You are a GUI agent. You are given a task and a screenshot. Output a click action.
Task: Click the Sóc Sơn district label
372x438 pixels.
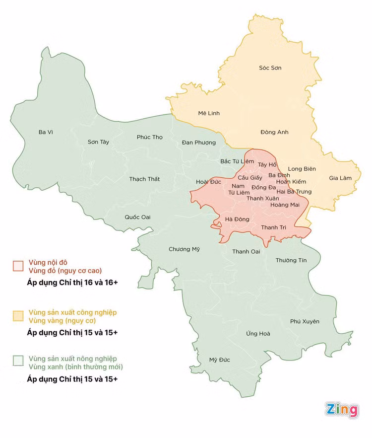pos(270,68)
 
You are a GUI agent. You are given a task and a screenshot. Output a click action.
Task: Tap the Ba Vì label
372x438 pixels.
pos(46,132)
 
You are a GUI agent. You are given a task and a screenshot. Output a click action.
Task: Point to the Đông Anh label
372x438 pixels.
pos(274,132)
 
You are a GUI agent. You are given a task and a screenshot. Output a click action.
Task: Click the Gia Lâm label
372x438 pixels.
pos(340,178)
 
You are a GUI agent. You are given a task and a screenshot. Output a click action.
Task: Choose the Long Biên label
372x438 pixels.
pos(302,169)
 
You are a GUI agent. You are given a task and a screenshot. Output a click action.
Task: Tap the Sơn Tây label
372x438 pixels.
pos(98,142)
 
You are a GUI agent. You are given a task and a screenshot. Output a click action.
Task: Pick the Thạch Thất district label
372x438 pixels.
pos(144,179)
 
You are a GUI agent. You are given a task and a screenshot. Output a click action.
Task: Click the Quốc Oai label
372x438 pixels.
pos(137,217)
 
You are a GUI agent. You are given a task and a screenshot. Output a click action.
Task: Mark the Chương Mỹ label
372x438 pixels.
pos(184,249)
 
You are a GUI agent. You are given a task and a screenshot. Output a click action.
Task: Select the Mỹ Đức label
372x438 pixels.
pos(220,360)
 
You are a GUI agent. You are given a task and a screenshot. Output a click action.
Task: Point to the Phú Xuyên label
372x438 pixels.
pos(305,322)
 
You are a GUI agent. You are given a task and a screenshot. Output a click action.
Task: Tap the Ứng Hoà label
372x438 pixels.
pos(258,334)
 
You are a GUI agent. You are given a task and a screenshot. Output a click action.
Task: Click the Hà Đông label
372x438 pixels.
pos(237,219)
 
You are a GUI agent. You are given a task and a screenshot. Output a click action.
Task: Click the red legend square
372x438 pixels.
pos(18,266)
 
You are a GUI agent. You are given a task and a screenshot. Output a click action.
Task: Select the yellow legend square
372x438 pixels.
pos(18,316)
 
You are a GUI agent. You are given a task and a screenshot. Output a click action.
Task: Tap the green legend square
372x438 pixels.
pos(18,360)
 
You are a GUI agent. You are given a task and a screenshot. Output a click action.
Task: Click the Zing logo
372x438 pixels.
pos(342,410)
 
